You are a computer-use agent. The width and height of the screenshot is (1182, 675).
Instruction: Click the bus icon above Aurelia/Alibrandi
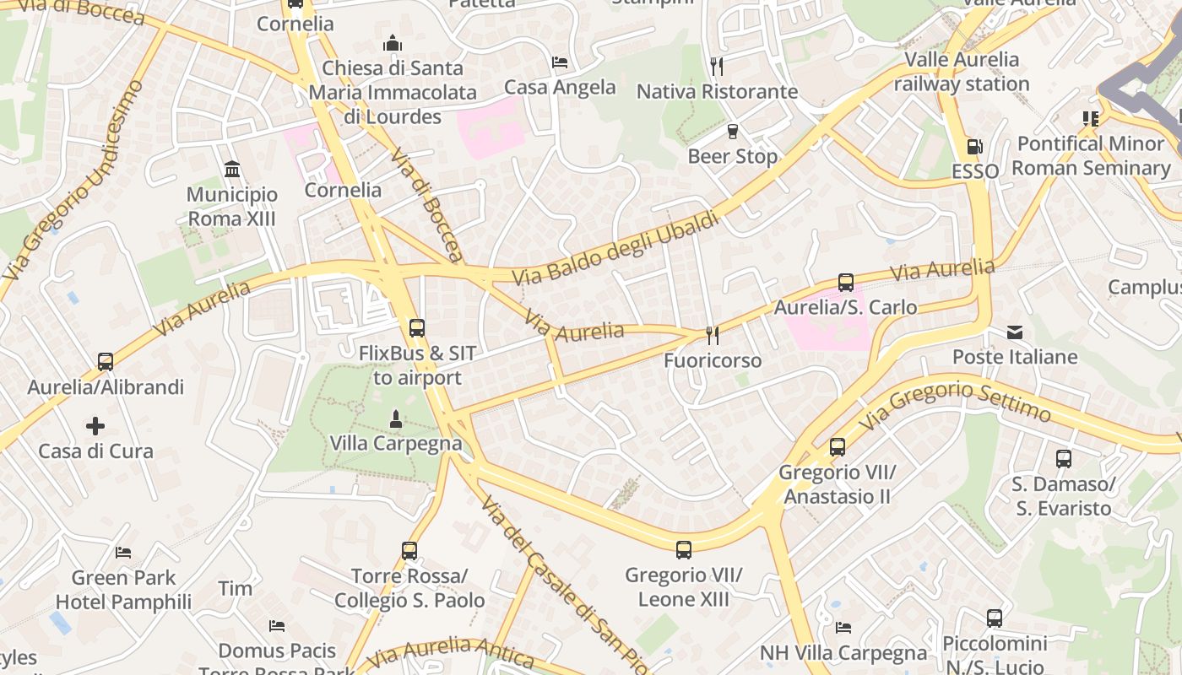106,362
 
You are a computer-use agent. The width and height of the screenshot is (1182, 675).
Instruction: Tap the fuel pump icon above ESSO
974,147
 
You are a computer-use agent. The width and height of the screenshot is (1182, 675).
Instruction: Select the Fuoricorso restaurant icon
713,336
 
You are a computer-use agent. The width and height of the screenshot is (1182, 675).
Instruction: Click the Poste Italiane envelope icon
1015,332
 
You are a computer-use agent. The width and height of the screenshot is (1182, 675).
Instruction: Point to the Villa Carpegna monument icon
395,418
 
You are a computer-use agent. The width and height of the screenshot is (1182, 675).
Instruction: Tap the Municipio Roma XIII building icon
232,170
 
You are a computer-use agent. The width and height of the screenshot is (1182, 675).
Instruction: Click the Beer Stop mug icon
732,132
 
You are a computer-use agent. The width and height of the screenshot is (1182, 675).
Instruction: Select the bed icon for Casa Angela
560,62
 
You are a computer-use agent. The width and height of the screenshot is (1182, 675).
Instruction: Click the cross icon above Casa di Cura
95,426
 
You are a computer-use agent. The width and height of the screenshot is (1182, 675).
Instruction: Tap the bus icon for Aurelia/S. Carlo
845,283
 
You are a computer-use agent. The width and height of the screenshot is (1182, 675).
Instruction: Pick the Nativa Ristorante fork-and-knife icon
717,67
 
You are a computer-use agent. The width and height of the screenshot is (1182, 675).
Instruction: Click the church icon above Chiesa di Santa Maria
392,43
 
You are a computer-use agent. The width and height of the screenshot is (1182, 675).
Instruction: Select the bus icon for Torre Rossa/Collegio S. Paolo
409,551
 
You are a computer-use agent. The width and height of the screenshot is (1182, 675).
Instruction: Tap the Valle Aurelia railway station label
962,72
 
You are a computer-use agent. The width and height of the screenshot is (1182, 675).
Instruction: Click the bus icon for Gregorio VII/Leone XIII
684,550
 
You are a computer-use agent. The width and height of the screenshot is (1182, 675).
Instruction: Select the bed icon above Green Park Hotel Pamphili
123,553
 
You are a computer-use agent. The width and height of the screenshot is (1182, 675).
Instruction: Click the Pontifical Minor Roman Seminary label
1091,155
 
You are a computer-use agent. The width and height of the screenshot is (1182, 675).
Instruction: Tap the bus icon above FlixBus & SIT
416,328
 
